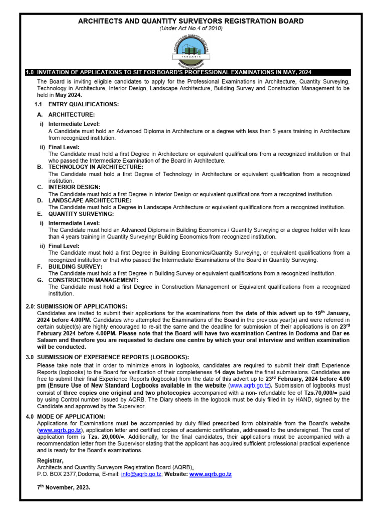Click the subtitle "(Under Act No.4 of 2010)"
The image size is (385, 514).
(190, 29)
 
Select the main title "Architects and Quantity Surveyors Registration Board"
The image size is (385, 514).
(190, 21)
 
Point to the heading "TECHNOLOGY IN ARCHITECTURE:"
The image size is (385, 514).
(95, 167)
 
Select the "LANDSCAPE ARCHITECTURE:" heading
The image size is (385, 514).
(90, 200)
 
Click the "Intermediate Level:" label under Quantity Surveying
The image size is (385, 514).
(74, 223)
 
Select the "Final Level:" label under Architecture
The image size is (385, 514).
(64, 147)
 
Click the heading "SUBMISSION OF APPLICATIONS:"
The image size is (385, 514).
(82, 306)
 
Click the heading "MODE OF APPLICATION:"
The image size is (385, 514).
(70, 417)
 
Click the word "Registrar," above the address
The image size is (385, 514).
(51, 460)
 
